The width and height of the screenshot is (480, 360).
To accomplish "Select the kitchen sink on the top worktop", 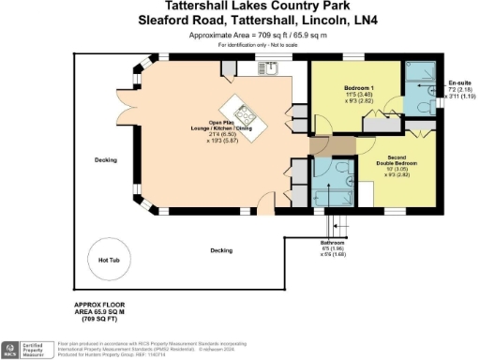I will pyautogui.click(x=276, y=68).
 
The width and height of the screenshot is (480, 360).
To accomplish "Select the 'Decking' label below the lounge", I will pyautogui.click(x=221, y=250).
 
